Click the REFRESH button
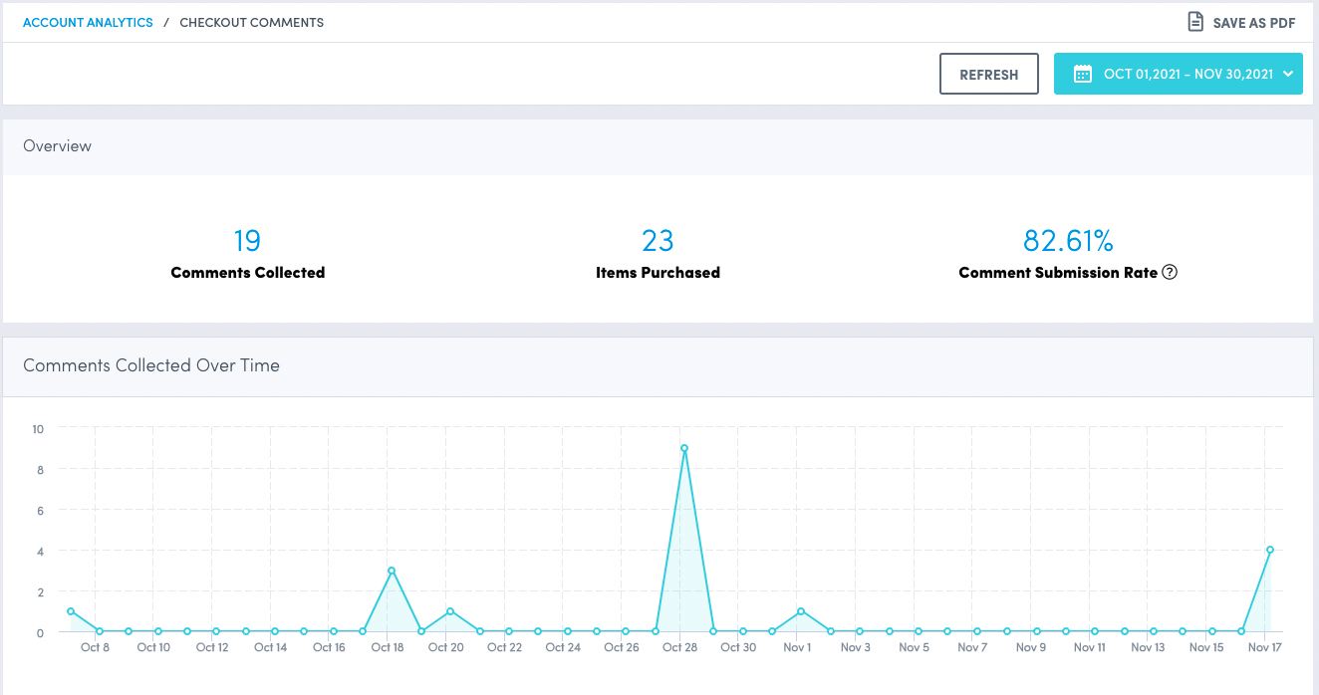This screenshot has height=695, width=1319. point(988,75)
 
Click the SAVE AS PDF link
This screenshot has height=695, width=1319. point(1241,22)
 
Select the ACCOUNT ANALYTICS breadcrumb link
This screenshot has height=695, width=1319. point(88,22)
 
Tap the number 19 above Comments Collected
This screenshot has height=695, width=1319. point(247,241)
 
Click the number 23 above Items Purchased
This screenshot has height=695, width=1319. point(658,241)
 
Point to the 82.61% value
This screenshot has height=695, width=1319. point(1068,241)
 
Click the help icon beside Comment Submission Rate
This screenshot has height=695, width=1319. point(1171,273)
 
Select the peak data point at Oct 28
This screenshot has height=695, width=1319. point(684,448)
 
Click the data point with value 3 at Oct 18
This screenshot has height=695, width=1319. point(392,571)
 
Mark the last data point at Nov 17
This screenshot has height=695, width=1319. point(1270,550)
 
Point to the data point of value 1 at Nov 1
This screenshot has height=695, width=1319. point(801,611)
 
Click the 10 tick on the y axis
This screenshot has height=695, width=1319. point(38,429)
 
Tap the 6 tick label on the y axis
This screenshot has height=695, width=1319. point(40,510)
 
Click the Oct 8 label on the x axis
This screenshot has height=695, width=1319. point(96,647)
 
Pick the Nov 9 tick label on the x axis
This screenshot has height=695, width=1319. point(1031,647)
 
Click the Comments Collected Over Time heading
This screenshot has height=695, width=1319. point(151,365)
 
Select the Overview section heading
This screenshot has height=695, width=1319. point(57,146)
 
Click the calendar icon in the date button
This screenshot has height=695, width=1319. point(1082,74)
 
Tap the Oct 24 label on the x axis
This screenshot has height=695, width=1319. point(563,647)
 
